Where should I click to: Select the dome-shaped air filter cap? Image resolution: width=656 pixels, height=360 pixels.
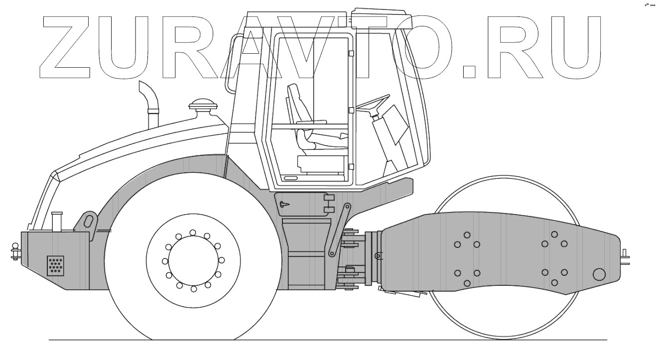pyautogui.click(x=203, y=105)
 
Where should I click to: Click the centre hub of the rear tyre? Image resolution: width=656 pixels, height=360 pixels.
pyautogui.click(x=193, y=260)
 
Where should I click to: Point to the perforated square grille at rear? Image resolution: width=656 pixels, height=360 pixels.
pyautogui.click(x=55, y=265)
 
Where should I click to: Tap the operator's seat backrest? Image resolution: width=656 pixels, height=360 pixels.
pyautogui.click(x=299, y=103)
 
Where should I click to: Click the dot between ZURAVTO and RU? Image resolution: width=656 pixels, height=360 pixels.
pyautogui.click(x=469, y=72)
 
